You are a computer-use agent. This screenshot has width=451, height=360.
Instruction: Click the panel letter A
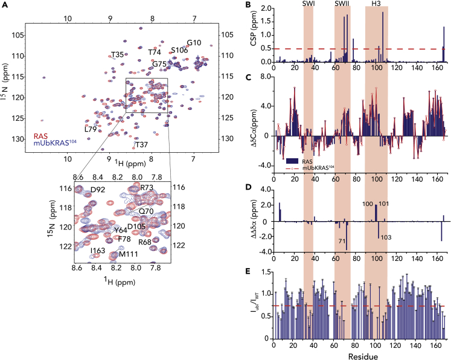5,6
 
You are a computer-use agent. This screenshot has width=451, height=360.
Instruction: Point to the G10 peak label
194,43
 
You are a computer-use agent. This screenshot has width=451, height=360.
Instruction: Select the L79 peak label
91,129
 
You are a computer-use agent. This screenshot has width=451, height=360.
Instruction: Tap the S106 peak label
179,50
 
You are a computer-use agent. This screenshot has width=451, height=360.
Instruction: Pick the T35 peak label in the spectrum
118,55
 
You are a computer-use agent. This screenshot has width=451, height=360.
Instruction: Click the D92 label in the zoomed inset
97,190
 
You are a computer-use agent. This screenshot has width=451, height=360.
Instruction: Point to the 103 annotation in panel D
386,237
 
